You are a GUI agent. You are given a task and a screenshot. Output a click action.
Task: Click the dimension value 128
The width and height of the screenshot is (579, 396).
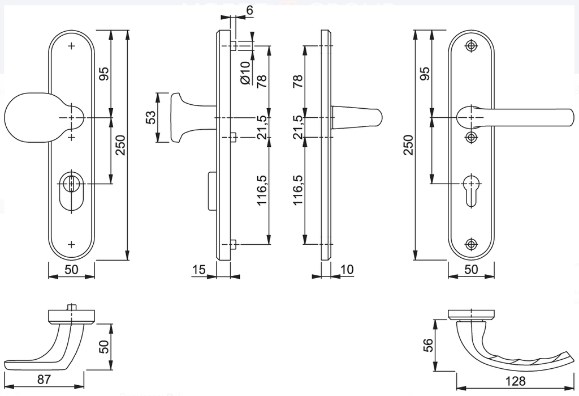pyautogui.click(x=516, y=381)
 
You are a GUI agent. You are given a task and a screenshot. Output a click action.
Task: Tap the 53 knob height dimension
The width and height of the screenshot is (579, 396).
pyautogui.click(x=150, y=117)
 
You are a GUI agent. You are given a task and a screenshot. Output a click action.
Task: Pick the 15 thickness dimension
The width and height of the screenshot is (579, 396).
pyautogui.click(x=198, y=270)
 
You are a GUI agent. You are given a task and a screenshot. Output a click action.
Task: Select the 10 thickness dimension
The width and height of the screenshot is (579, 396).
pyautogui.click(x=347, y=270)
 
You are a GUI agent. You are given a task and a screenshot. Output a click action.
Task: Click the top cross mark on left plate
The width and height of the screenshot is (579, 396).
pyautogui.click(x=71, y=46)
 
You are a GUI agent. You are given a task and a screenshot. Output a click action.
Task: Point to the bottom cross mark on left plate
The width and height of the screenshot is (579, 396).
pyautogui.click(x=71, y=244)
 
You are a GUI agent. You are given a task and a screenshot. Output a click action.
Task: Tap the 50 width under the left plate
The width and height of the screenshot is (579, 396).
pyautogui.click(x=71, y=270)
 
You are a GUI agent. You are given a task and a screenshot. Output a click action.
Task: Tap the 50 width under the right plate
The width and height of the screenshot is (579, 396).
pyautogui.click(x=471, y=270)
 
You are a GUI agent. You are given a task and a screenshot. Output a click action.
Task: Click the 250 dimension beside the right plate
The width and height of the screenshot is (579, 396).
pyautogui.click(x=411, y=145)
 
